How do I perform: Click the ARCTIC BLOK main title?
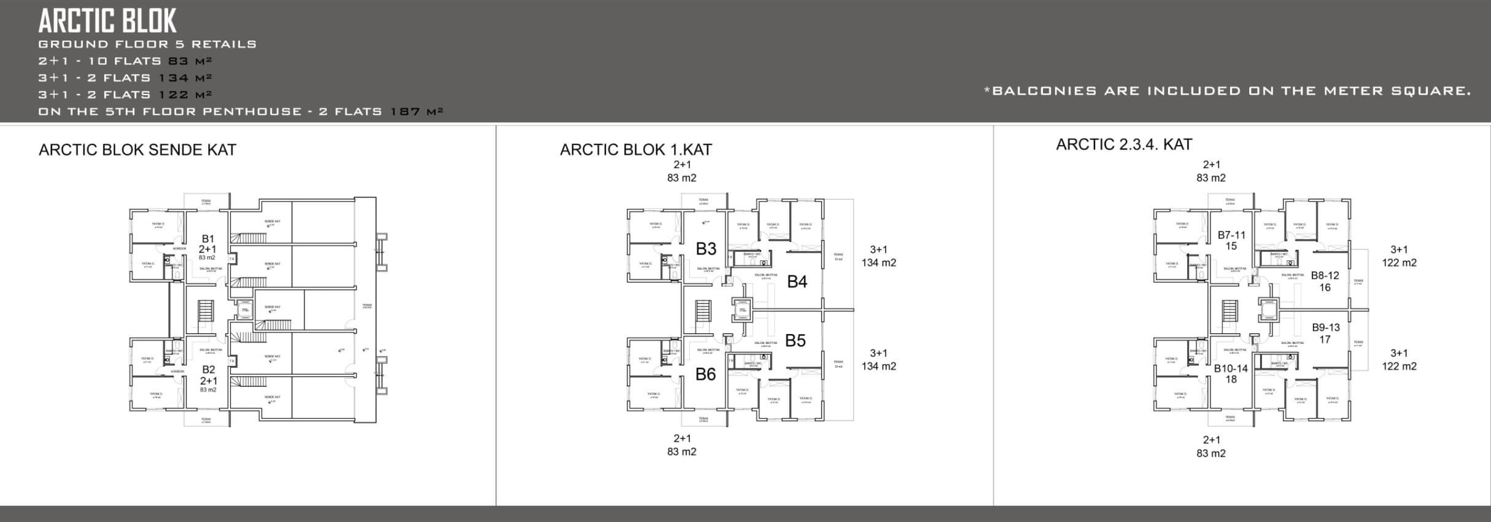107,21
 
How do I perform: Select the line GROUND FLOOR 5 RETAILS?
147,44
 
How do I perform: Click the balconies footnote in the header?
1227,91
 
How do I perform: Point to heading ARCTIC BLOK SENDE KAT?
137,150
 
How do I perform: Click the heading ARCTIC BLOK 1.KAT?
635,150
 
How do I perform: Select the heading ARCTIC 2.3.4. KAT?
1124,145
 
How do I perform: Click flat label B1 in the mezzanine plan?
207,239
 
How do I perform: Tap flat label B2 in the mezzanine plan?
208,370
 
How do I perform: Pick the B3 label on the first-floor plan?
706,249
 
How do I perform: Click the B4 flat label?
797,282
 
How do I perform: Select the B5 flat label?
795,340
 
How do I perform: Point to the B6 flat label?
705,374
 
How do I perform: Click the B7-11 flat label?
1231,235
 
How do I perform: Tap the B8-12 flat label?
1325,276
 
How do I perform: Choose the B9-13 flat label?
1325,328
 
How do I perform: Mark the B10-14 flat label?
1231,369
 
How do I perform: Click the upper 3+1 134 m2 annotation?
878,256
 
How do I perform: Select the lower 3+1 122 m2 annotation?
1399,359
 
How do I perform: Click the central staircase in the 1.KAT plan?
703,314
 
